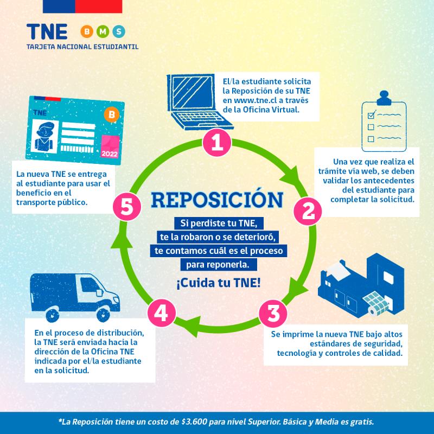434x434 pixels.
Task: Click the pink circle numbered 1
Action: (x=216, y=143)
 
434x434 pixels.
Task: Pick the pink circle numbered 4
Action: (x=161, y=313)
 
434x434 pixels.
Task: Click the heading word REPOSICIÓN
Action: (x=217, y=199)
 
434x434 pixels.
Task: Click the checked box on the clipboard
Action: (x=372, y=115)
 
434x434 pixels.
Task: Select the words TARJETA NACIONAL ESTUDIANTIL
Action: (x=82, y=47)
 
